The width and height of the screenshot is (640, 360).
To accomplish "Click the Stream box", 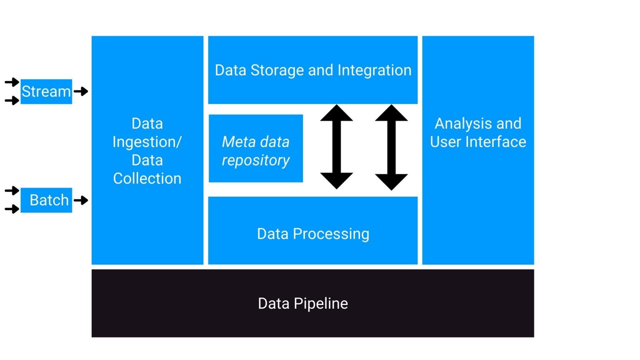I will coord(46,92).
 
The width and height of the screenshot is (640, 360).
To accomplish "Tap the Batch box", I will coord(46,200).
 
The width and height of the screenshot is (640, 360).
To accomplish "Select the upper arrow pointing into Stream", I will coord(12,82).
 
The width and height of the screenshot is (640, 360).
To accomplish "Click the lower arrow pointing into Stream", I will coord(12,100).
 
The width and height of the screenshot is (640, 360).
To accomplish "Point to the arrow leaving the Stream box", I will coord(81,91).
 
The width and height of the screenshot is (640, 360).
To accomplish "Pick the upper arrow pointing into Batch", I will coord(12,191).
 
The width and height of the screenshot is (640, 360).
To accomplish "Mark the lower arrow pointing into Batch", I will coord(12,209).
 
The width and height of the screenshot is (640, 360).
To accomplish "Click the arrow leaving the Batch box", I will coord(81,200).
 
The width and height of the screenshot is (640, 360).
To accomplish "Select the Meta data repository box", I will coord(256,149).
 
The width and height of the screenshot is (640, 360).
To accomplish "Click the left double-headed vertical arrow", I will coord(337,147).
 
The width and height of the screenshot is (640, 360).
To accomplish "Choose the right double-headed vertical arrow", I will coord(391,147).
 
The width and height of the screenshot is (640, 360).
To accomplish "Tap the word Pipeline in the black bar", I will coord(320,304).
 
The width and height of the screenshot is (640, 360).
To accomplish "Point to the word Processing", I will coord(331,234).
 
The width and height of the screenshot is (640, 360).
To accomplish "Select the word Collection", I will coord(147,179).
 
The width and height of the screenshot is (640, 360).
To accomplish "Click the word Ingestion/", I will coord(147,142).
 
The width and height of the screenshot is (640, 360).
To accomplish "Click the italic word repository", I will coord(256,160).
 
